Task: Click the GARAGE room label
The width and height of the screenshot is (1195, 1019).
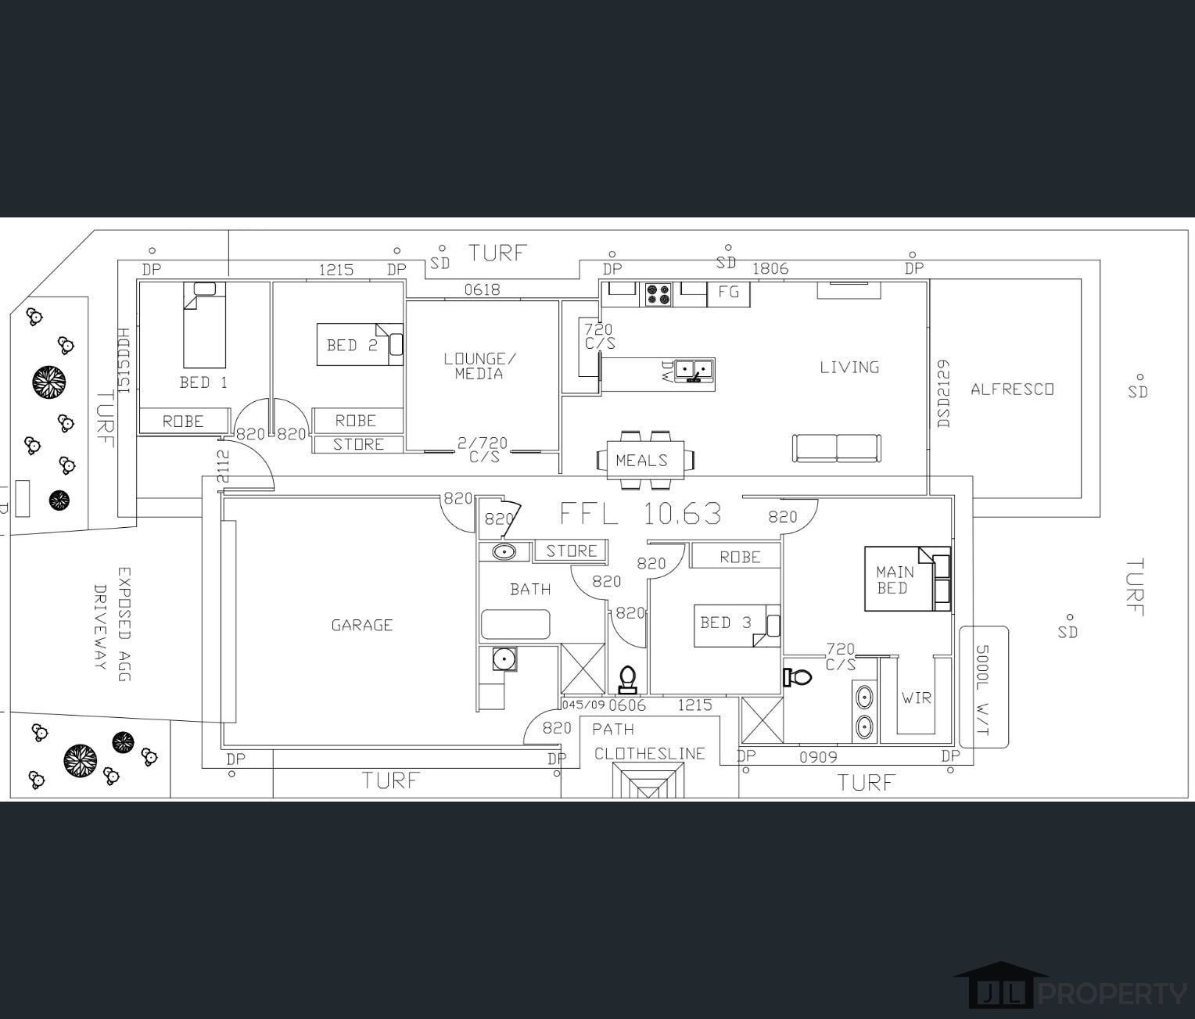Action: [362, 625]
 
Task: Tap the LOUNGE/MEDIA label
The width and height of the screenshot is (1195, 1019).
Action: [479, 366]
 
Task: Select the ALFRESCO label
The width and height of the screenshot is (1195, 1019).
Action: [1012, 389]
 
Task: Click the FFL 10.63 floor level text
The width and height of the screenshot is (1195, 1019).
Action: [641, 513]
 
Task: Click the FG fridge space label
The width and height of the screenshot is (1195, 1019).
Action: [728, 292]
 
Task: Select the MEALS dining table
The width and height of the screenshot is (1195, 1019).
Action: [645, 461]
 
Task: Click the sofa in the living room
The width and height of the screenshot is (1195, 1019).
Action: [837, 448]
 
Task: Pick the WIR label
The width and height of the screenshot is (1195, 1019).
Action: [917, 698]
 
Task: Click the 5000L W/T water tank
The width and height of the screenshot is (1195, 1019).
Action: [984, 687]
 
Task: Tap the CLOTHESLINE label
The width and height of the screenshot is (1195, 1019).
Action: [650, 754]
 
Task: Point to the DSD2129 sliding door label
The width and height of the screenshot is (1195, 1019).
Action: [943, 394]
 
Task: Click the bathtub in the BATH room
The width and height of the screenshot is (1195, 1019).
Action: [515, 624]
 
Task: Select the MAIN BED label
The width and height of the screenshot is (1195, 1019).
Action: [895, 580]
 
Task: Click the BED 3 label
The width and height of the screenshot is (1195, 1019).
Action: [726, 623]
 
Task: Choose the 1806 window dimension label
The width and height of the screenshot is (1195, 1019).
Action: [770, 269]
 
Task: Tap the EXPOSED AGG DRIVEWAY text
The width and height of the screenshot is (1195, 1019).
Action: [112, 624]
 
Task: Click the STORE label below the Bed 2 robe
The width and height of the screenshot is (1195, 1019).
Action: [358, 444]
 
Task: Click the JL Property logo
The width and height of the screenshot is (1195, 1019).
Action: [1070, 992]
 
